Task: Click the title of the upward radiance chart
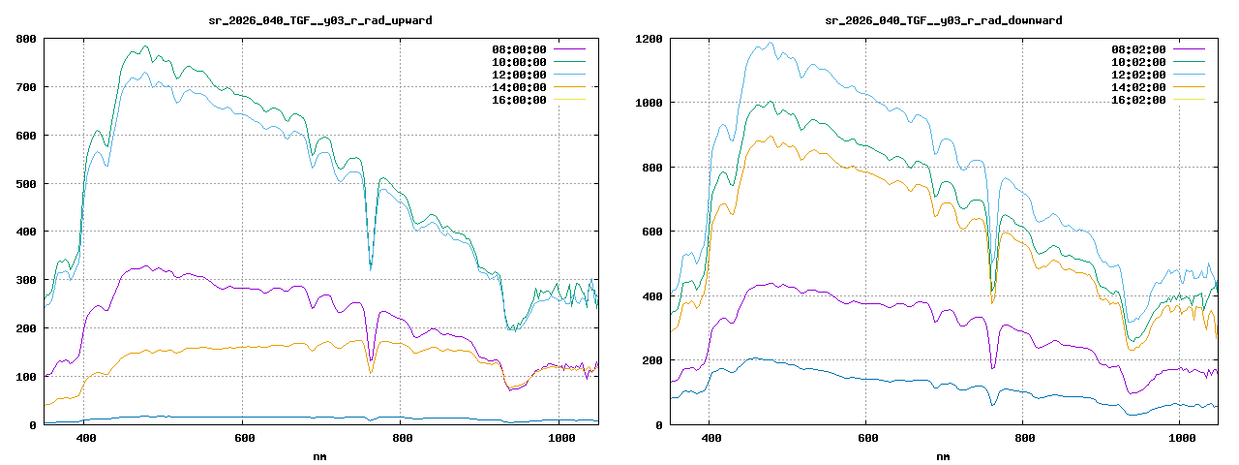320,20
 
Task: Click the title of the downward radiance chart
944,20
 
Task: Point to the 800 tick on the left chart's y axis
26,39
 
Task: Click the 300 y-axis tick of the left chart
26,280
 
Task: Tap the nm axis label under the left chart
320,455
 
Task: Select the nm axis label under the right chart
944,455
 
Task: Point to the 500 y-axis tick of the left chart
26,183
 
